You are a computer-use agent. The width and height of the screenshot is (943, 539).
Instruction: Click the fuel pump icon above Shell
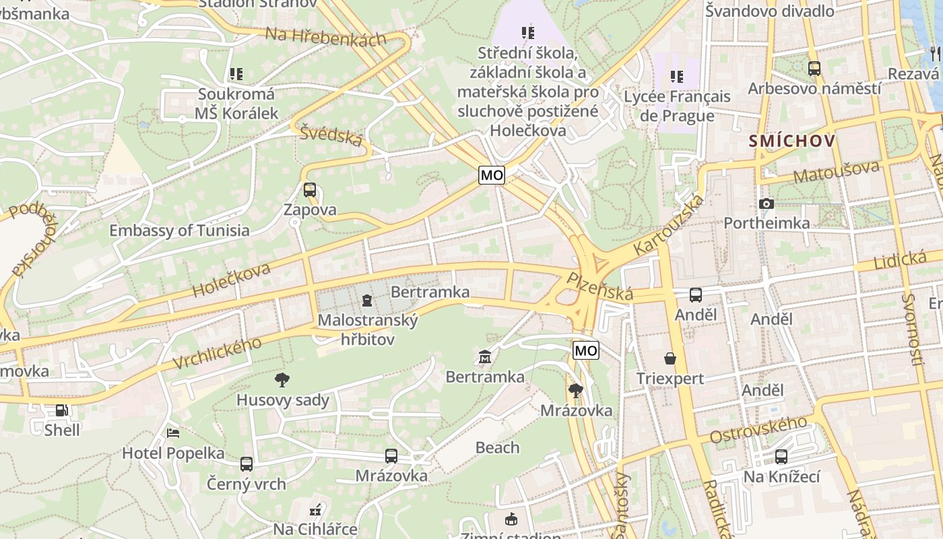point(61,410)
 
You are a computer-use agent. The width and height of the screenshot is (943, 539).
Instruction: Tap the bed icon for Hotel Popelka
point(173,433)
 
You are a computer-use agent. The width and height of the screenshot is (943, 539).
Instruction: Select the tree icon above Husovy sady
point(283,380)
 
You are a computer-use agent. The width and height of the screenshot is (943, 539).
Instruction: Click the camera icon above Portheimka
point(766,203)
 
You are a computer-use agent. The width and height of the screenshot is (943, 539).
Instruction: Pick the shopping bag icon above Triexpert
point(670,358)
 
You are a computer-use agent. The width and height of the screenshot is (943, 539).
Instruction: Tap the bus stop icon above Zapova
point(310,190)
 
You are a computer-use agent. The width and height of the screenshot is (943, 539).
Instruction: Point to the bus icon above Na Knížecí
point(781,457)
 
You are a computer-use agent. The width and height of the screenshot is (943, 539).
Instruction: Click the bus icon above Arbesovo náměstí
point(814,68)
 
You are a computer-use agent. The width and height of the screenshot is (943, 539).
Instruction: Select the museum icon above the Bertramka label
point(484,356)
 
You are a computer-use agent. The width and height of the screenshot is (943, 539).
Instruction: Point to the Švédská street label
point(331,135)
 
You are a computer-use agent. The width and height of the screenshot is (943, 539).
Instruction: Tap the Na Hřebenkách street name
point(326,36)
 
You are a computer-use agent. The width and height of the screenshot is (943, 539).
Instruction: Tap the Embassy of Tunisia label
point(179,230)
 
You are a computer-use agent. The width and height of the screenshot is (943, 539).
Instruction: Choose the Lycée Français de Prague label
point(677,106)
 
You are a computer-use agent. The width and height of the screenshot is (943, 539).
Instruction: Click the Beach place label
point(498,447)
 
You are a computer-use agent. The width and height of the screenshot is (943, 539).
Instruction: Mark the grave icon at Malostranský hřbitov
point(367,300)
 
